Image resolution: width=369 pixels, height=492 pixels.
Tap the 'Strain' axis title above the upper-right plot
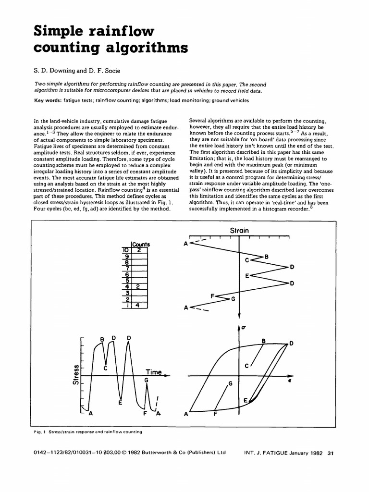click(239, 230)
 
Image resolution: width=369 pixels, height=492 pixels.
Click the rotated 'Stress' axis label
click(75, 375)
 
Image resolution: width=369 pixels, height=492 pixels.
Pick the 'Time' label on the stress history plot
click(154, 372)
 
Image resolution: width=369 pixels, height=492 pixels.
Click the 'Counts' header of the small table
click(141, 244)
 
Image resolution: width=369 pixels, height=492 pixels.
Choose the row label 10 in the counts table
click(125, 250)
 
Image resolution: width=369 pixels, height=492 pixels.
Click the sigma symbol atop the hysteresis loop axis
click(244, 328)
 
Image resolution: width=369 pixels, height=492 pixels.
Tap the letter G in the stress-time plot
click(147, 380)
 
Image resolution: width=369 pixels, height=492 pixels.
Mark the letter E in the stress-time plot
click(120, 403)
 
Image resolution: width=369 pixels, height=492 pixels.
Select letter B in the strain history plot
click(267, 257)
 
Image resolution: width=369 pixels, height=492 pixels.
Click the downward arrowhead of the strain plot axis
click(239, 315)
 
